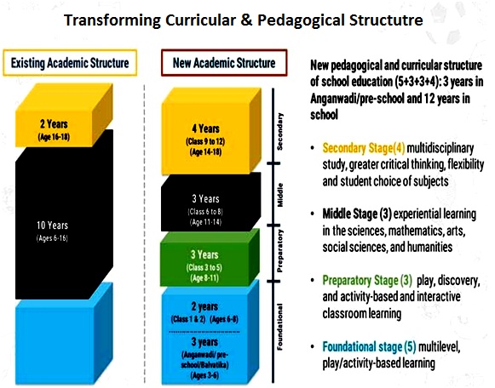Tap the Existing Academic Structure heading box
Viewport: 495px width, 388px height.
click(x=70, y=63)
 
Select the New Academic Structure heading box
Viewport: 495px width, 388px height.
click(x=224, y=63)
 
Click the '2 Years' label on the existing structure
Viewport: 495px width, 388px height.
click(x=54, y=124)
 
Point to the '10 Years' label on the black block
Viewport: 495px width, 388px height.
click(x=52, y=225)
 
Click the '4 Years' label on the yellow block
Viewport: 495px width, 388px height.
click(x=205, y=128)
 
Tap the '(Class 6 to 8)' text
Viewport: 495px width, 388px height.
click(x=205, y=212)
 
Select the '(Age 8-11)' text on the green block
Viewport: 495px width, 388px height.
click(x=204, y=278)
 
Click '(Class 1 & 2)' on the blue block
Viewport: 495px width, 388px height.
click(x=188, y=319)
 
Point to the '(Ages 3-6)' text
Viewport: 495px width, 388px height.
click(x=204, y=375)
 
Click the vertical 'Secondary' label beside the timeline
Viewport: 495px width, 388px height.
click(x=279, y=131)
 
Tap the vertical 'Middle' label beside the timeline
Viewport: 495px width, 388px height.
click(x=279, y=195)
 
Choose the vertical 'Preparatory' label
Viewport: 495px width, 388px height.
click(x=279, y=251)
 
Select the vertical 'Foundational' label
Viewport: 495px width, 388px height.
click(x=279, y=327)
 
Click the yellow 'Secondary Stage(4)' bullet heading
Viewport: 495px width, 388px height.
click(x=364, y=148)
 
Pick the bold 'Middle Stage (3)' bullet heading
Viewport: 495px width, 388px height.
click(x=357, y=214)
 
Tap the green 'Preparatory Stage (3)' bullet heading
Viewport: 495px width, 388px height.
click(x=367, y=280)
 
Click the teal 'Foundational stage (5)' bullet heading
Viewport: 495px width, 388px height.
click(x=370, y=346)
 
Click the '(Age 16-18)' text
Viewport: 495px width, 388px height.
click(x=54, y=137)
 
